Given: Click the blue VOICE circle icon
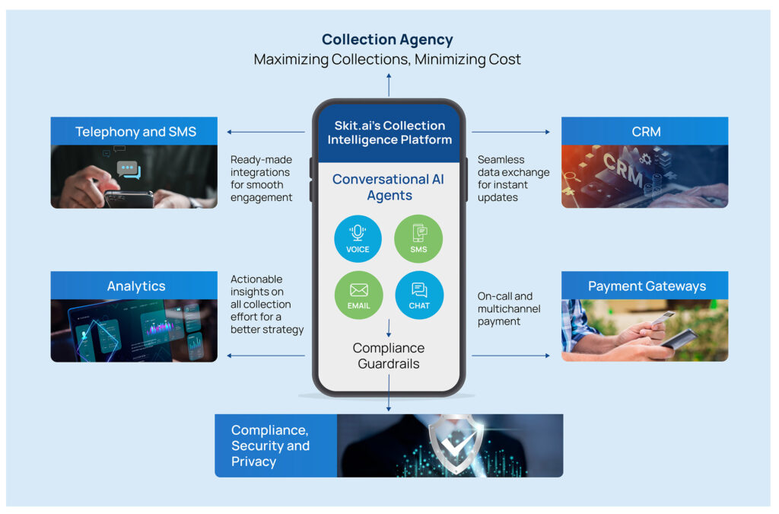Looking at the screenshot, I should pyautogui.click(x=358, y=238).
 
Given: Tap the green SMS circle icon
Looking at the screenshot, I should pyautogui.click(x=418, y=238).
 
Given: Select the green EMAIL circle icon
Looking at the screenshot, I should pyautogui.click(x=358, y=295).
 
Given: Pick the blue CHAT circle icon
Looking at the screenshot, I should pyautogui.click(x=419, y=295).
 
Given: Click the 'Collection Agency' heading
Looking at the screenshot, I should pyautogui.click(x=387, y=40).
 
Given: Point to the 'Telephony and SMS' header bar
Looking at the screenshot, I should pyautogui.click(x=135, y=132).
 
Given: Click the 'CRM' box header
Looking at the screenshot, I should pyautogui.click(x=644, y=132).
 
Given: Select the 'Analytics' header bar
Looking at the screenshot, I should pyautogui.click(x=135, y=286).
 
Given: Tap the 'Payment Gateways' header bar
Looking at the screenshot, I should pyautogui.click(x=644, y=286).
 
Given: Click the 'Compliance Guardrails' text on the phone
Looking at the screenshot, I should pyautogui.click(x=389, y=356).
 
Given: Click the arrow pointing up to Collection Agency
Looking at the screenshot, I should pyautogui.click(x=389, y=84).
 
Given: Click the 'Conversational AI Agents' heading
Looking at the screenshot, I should pyautogui.click(x=389, y=187).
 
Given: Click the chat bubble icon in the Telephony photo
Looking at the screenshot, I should pyautogui.click(x=128, y=171).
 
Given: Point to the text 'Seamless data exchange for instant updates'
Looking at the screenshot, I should pyautogui.click(x=513, y=178).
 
